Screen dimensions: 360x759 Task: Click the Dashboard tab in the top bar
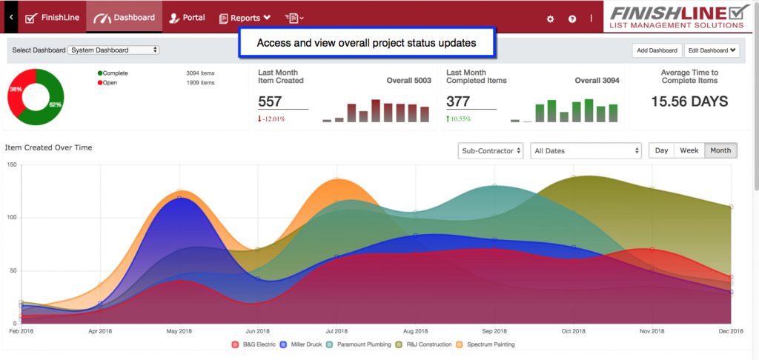125,18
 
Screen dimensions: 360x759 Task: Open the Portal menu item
187,18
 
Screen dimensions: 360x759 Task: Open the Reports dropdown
245,18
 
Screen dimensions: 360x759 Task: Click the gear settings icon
550,19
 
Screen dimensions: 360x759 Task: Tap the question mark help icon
572,19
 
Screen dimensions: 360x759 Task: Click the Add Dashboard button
656,50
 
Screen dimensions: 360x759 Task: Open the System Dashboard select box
113,50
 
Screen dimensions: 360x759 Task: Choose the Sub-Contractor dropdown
491,150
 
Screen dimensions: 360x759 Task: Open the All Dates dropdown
586,150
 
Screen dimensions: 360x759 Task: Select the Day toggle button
661,150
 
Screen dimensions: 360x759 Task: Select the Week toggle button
689,150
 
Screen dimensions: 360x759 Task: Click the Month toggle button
720,150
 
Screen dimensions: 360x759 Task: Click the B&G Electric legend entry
254,344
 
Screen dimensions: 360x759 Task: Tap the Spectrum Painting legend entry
488,344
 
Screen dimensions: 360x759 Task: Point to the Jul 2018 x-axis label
337,331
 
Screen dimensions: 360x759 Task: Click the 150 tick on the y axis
11,164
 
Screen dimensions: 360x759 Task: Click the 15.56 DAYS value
689,101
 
